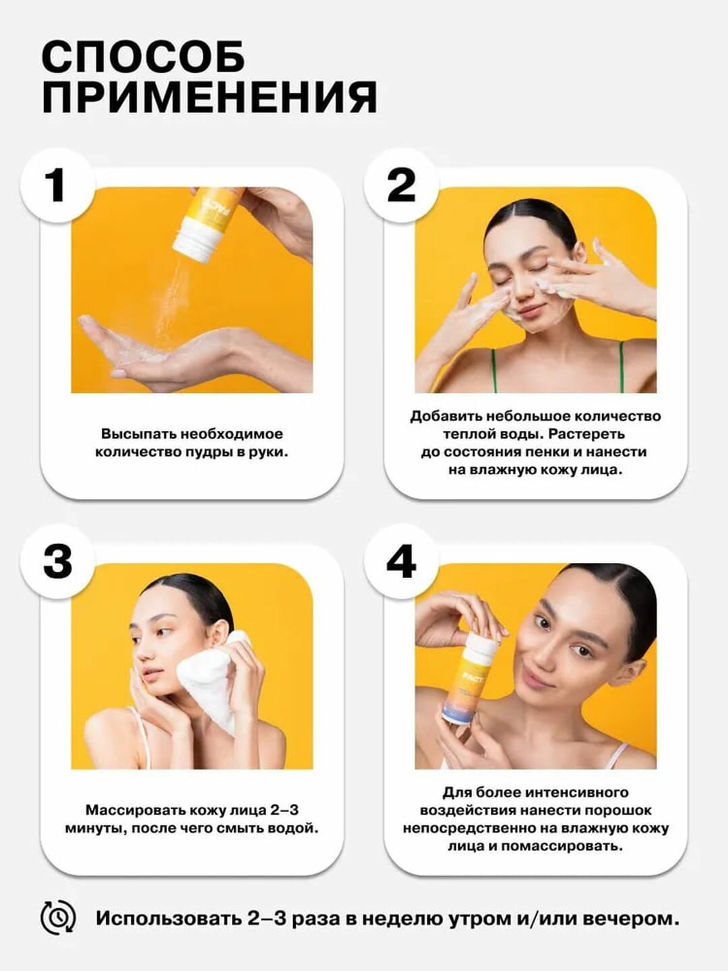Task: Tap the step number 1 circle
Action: [57, 185]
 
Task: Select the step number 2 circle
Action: [401, 185]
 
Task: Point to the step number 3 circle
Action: [57, 562]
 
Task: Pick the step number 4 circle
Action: [401, 562]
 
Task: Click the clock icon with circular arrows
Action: [58, 918]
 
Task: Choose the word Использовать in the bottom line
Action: [168, 918]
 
